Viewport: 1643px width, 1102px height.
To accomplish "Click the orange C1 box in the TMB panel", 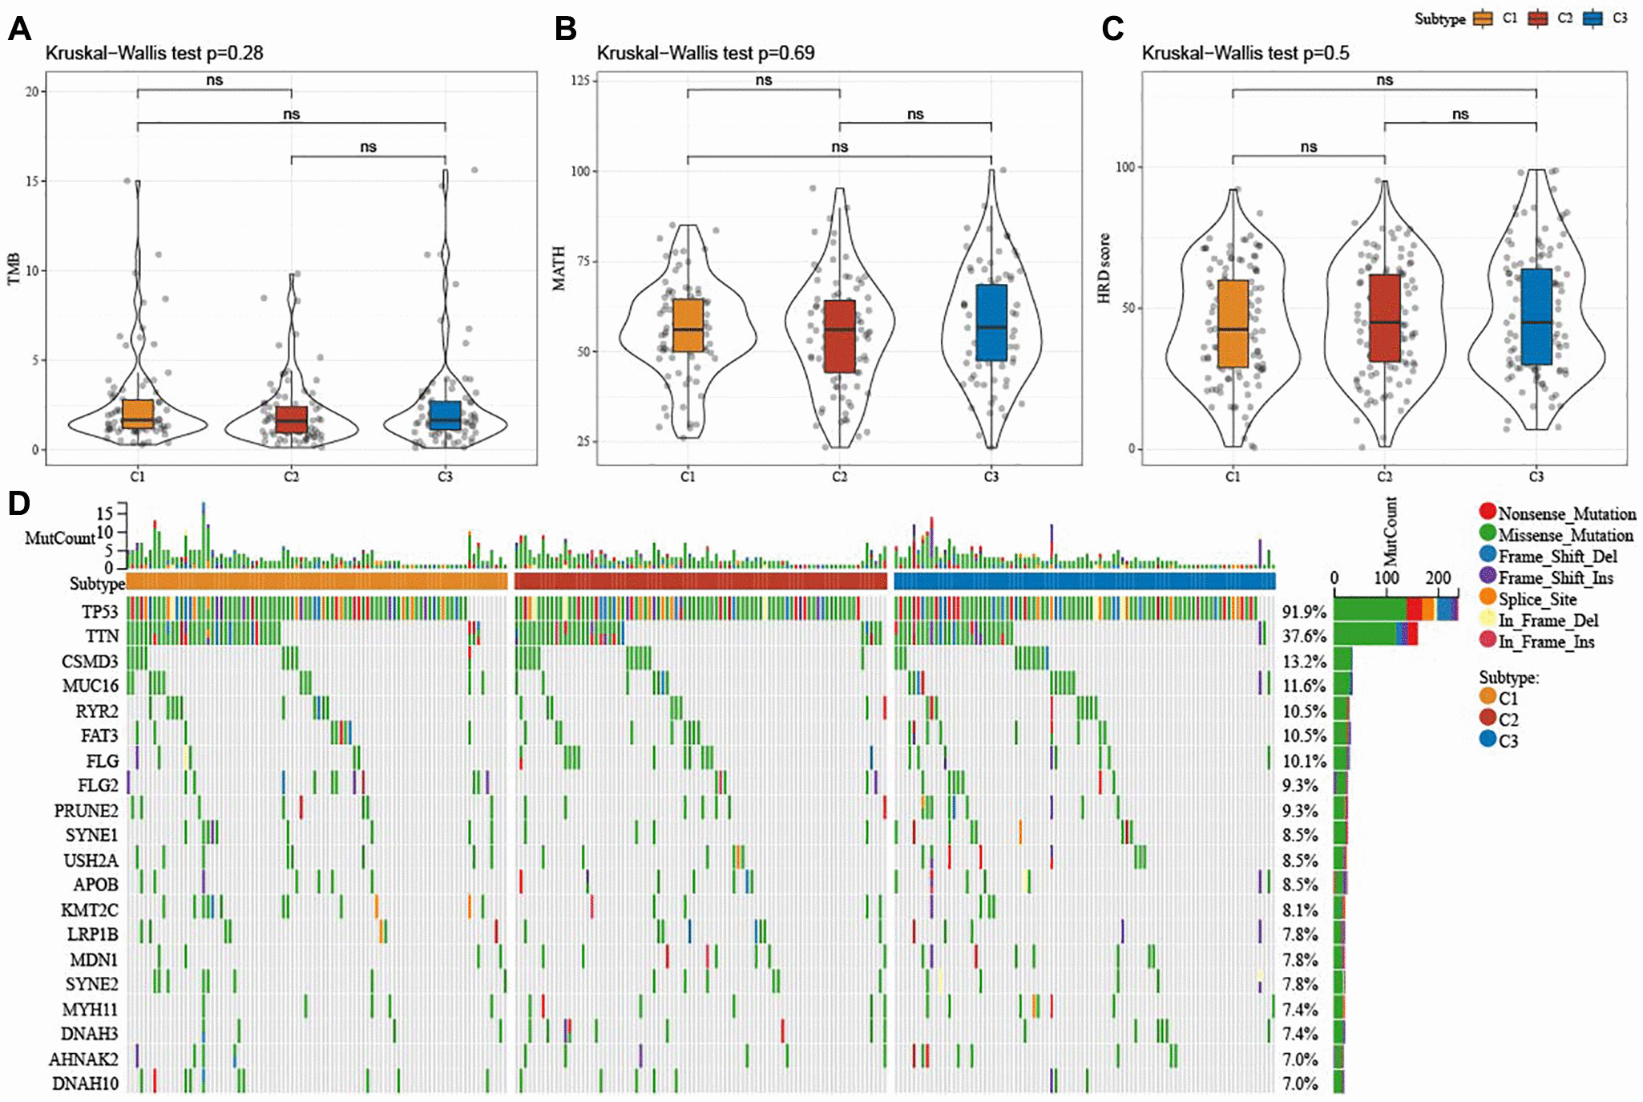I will [138, 413].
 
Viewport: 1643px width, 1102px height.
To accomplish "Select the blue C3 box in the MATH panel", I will [991, 322].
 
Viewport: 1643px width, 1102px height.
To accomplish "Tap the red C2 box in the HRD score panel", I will [1384, 318].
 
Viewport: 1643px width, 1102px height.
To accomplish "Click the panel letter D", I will [18, 504].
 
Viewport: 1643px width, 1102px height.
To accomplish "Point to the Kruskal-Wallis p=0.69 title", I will [705, 53].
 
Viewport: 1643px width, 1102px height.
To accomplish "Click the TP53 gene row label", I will [99, 612].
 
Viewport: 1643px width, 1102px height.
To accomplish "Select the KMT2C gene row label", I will [89, 910].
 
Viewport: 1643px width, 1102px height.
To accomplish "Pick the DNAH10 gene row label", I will [85, 1084].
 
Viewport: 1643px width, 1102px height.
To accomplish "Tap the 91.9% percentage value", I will [1304, 612].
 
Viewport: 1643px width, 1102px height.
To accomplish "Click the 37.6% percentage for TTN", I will [1304, 636].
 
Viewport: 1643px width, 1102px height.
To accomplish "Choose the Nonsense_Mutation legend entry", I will [1556, 513].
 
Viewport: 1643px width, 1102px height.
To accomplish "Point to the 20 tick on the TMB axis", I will [31, 91].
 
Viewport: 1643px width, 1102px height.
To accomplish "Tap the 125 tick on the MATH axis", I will [579, 80].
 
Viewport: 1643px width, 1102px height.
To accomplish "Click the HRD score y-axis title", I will [1104, 268].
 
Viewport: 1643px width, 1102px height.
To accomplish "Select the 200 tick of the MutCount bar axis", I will [1438, 577].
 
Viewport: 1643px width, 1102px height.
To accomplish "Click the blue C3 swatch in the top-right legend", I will [1593, 18].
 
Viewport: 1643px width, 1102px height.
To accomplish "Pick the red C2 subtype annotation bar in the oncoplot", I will [700, 581].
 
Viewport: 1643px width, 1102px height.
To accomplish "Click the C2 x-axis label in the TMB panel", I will [291, 476].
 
